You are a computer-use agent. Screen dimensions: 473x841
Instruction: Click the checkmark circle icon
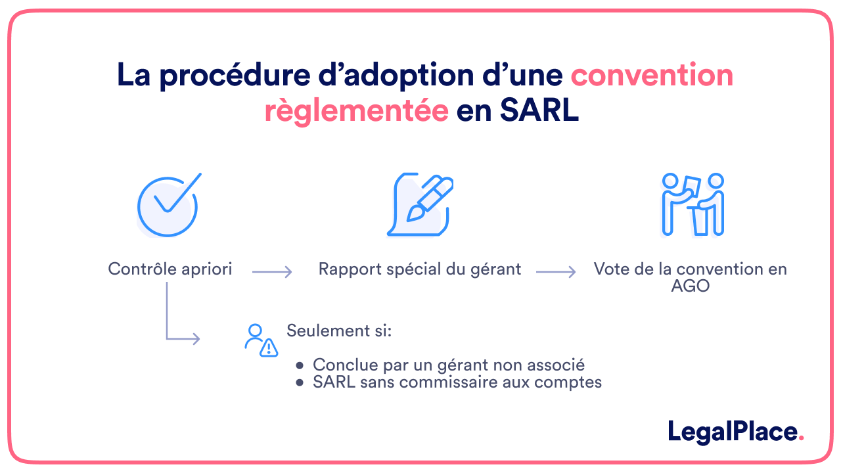[168, 205]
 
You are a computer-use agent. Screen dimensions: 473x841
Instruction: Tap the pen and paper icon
[419, 204]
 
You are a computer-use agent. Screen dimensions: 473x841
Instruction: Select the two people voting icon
[692, 204]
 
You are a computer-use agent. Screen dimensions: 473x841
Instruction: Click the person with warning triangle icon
[260, 340]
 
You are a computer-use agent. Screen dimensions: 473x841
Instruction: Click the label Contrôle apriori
[170, 269]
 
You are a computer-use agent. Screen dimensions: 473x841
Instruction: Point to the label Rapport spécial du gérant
[420, 269]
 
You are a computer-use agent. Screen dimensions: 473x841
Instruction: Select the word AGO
[691, 286]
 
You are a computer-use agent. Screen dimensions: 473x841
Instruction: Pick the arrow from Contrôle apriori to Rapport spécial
[272, 272]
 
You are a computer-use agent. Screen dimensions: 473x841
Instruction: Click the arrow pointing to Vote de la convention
[556, 272]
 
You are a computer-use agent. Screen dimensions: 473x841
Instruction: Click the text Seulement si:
[339, 330]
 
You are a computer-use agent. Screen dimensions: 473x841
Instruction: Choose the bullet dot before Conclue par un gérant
[300, 365]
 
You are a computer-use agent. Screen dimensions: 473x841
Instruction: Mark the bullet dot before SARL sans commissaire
[300, 382]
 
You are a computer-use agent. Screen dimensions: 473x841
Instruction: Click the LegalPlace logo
[735, 432]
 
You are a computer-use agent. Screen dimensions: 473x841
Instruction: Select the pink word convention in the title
[652, 76]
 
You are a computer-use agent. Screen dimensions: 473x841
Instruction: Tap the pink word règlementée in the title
[356, 111]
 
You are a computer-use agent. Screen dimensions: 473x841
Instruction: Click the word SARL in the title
[539, 111]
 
